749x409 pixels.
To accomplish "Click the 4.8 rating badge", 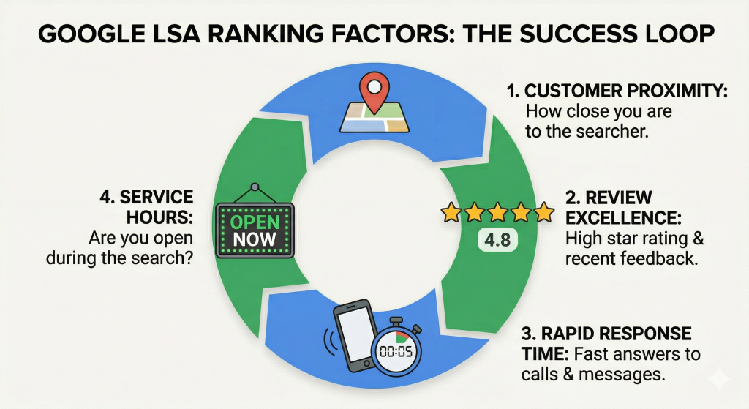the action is pos(497,240).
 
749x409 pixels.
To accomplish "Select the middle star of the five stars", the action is pos(497,212).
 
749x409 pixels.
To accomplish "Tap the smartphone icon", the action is pos(354,335).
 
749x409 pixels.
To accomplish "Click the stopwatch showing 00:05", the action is pos(396,348).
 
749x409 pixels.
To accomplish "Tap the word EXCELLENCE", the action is pos(623,218).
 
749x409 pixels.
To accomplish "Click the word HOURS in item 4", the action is pos(159,217).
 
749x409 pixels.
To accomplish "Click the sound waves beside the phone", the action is pos(330,340).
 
